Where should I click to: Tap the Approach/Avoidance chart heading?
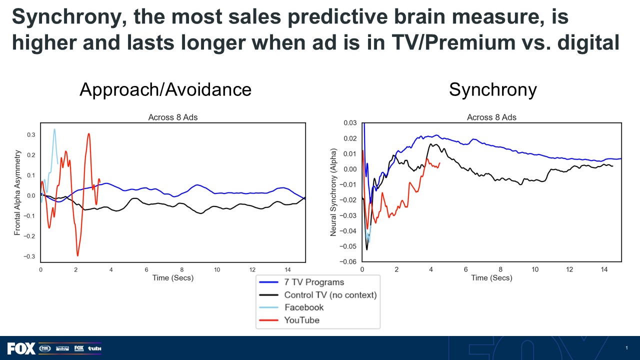pyautogui.click(x=165, y=89)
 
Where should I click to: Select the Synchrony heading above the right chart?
pyautogui.click(x=493, y=89)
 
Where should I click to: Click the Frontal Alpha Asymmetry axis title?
pyautogui.click(x=17, y=193)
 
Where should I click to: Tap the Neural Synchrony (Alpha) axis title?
pyautogui.click(x=333, y=192)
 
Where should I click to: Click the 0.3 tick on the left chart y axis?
pyautogui.click(x=31, y=135)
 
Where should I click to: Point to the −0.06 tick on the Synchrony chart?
pyautogui.click(x=348, y=261)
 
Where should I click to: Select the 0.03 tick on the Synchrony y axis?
pyautogui.click(x=350, y=123)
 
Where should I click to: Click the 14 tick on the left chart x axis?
pyautogui.click(x=287, y=269)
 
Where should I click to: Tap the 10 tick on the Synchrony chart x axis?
pyautogui.click(x=535, y=269)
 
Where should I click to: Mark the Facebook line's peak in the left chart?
pyautogui.click(x=54, y=129)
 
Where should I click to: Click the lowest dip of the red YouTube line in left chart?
pyautogui.click(x=77, y=255)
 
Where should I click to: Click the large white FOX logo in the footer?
pyautogui.click(x=21, y=348)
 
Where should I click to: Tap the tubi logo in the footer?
pyautogui.click(x=94, y=348)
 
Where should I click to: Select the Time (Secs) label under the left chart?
pyautogui.click(x=173, y=278)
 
